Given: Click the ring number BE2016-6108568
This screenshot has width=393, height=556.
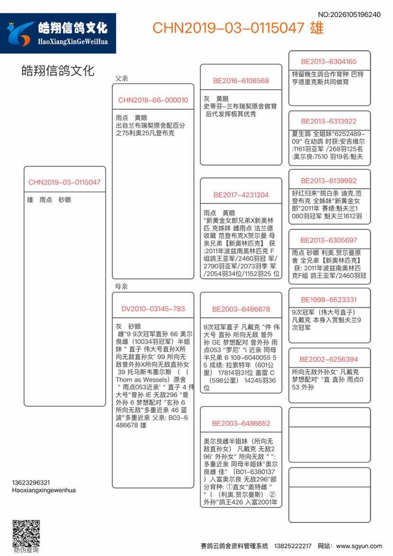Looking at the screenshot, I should (241, 81).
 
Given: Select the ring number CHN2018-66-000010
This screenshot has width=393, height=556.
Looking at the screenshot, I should (153, 100).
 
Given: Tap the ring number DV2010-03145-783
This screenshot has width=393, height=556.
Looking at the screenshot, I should (153, 309).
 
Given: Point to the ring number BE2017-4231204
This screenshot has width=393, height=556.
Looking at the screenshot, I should (241, 195).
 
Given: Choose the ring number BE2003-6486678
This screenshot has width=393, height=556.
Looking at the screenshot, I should (241, 309).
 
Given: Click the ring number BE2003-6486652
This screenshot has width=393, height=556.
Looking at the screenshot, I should (241, 424).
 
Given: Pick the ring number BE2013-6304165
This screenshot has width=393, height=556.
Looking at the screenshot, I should (328, 62).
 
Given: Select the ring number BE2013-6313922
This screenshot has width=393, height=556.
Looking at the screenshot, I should (328, 121).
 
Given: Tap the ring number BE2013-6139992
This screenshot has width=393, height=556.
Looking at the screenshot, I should (328, 181).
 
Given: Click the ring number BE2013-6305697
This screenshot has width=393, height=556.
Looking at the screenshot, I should (328, 240).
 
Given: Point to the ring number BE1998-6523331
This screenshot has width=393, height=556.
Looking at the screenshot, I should (328, 300).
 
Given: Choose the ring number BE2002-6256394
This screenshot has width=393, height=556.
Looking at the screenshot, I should (328, 359).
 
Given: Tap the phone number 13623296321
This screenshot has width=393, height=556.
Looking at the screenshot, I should (31, 482).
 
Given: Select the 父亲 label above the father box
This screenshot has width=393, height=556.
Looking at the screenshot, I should (122, 78).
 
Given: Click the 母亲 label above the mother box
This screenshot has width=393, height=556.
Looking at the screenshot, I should (122, 287).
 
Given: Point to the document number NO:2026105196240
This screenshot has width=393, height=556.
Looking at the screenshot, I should (349, 15).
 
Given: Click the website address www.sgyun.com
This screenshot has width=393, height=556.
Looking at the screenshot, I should (359, 546).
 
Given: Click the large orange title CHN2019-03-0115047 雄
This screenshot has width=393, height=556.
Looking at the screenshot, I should (238, 28).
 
